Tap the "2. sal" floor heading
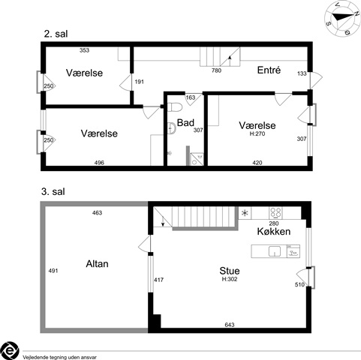pos(56,34)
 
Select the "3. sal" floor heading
pos(53,192)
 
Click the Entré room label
pos(269,70)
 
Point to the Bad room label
pos(185,123)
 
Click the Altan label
pos(97,264)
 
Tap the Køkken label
pos(274,232)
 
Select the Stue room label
pos(230,271)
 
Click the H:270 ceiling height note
pos(257,133)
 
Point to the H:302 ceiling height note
pos(230,279)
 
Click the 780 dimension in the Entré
pos(216,70)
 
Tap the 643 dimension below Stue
pos(230,325)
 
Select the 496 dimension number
pos(99,163)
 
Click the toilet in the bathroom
pos(175,106)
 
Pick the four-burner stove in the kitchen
pos(275,213)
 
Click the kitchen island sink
pos(275,251)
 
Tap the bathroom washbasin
pos(172,127)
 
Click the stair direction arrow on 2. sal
pos(230,61)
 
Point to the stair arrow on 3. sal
pos(163,221)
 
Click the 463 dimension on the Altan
pos(97,213)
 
